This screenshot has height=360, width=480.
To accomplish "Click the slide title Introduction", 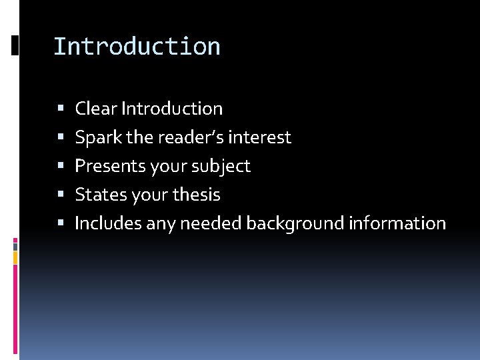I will pos(137,47).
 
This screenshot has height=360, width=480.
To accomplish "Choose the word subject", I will pos(222,167).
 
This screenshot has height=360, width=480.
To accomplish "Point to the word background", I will pos(295,224).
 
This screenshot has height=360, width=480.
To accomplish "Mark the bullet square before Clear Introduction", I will pos(61,108).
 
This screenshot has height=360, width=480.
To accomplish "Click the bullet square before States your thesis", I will pos(61,195).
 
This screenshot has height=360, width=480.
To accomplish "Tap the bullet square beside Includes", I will pos(61,223).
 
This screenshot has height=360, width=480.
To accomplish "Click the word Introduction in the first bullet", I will pos(172,109).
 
